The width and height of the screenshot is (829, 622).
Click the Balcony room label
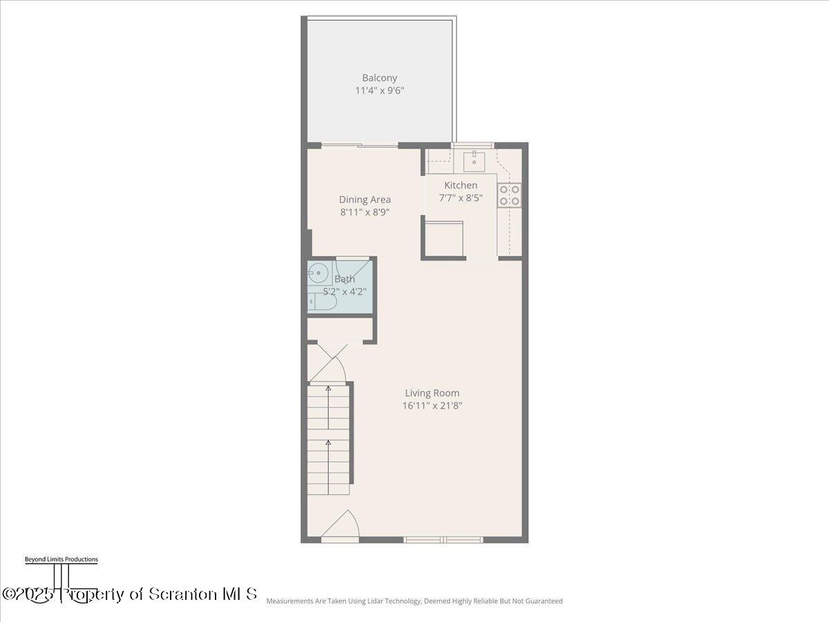(379, 78)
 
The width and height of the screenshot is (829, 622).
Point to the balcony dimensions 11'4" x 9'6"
(379, 91)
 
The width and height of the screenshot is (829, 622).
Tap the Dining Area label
(365, 200)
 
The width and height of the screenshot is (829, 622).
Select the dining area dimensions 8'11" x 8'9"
(365, 212)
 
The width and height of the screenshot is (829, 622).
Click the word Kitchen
(461, 185)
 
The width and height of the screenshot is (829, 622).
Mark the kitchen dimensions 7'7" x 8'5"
(461, 198)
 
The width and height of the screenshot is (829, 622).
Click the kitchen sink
(475, 162)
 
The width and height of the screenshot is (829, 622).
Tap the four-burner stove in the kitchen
(510, 195)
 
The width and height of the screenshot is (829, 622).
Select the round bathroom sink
(318, 274)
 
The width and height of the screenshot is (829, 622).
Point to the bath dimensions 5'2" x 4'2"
(345, 292)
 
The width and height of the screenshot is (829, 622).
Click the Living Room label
(432, 393)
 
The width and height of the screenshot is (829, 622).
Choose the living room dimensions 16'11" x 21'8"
(432, 406)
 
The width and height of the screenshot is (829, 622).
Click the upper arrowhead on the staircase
(329, 389)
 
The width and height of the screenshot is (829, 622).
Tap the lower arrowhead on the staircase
(329, 442)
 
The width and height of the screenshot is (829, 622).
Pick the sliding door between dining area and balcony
(360, 145)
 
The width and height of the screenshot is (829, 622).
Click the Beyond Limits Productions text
(61, 559)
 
